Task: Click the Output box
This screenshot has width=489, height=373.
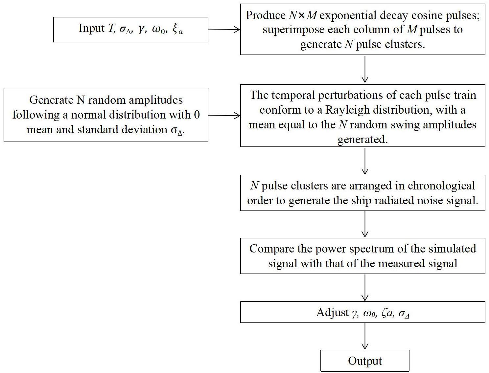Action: [x=365, y=361]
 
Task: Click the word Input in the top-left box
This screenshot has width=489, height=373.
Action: [x=91, y=29]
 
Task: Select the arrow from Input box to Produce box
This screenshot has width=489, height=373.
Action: [x=224, y=30]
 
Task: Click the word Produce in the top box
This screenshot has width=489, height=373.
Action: [x=261, y=15]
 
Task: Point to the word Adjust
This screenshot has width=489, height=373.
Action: [x=332, y=312]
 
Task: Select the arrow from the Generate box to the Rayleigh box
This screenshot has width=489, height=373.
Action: [x=224, y=115]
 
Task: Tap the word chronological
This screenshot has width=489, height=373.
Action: [x=441, y=186]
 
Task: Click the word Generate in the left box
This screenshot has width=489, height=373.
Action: [x=51, y=100]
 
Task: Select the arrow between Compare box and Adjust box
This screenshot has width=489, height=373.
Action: [x=365, y=288]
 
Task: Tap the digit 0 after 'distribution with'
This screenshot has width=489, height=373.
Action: [x=197, y=115]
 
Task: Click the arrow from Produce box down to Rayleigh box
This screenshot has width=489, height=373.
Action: [x=365, y=69]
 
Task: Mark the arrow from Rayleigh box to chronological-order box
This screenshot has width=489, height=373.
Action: [x=365, y=161]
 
